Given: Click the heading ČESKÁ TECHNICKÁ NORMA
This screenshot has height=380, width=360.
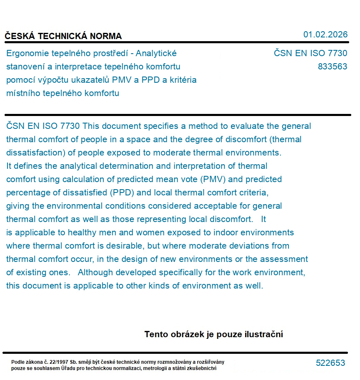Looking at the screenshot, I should (63, 36).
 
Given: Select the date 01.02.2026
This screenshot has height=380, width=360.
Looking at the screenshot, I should (325, 35).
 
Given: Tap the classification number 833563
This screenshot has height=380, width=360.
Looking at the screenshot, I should (332, 67).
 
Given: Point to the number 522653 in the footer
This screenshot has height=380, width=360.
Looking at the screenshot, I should (330, 363).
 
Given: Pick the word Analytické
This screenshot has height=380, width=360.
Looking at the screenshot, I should (156, 53).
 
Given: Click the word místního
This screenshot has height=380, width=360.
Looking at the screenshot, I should (22, 93).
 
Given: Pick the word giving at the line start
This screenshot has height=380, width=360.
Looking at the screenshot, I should (17, 206).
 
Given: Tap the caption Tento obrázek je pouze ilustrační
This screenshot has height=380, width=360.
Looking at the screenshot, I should (214, 334).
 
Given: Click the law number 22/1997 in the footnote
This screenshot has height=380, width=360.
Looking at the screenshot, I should (60, 362).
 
